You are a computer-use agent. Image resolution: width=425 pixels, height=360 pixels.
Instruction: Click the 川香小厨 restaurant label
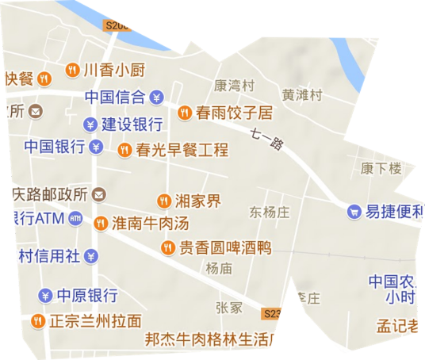[x=113, y=69]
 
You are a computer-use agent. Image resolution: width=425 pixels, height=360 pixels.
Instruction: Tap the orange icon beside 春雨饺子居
[x=184, y=113]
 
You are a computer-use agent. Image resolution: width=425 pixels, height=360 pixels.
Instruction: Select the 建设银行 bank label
[x=132, y=124]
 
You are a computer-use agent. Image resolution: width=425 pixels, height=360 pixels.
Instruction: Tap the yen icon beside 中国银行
[x=96, y=147]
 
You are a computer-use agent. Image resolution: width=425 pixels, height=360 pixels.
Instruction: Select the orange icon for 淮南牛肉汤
[x=100, y=224]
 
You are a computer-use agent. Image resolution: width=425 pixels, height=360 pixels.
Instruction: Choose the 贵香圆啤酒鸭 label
[x=224, y=248]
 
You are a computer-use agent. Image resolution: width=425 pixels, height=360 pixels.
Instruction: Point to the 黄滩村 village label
[x=303, y=95]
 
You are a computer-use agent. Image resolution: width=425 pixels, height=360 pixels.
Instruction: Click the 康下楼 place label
[x=381, y=168]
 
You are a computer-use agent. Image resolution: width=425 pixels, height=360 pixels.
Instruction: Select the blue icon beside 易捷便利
[x=354, y=212]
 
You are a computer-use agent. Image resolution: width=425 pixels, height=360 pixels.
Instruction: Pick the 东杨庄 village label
[x=270, y=212]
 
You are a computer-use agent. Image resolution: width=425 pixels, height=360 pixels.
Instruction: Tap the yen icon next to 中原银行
[x=45, y=296]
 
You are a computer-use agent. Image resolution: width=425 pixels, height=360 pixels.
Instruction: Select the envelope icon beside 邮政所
[x=35, y=113]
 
